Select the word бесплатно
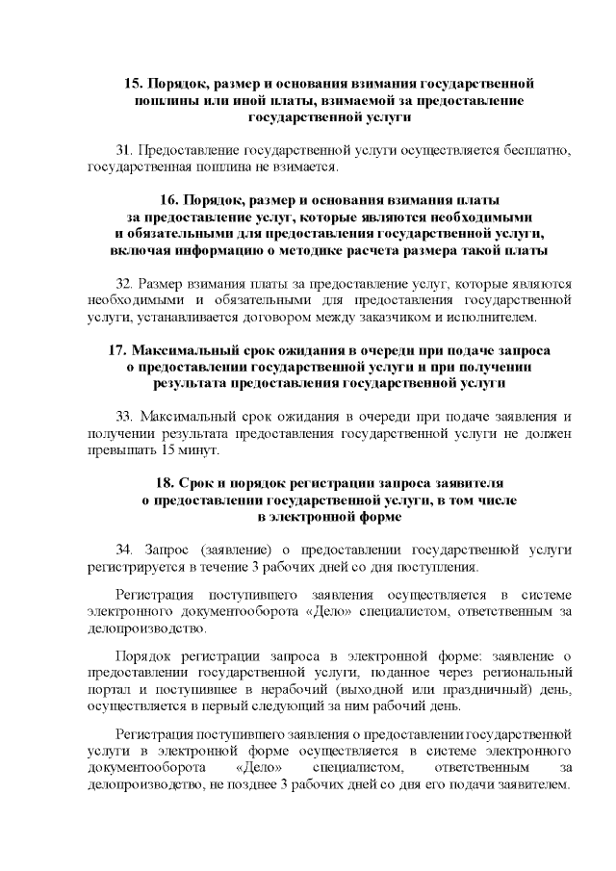click(534, 151)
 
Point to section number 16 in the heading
click(167, 200)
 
